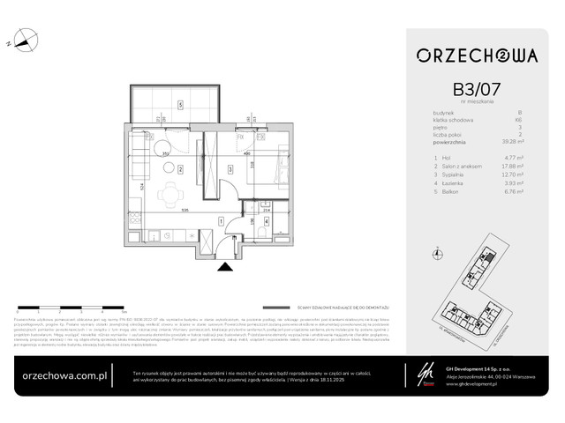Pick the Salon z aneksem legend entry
click(x=458, y=167)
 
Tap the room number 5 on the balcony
click(x=179, y=105)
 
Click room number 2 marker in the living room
click(x=179, y=169)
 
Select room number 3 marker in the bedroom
click(x=230, y=169)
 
